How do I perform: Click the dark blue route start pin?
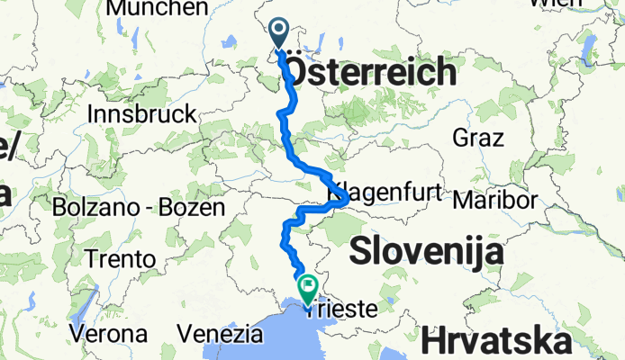coord(277,34)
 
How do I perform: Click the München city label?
coord(157,8)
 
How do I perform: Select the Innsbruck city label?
coord(143,114)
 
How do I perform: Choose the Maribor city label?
coord(496,199)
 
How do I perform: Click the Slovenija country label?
coord(425,252)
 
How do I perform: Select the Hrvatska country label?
coord(495,341)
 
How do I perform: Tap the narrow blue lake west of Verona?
coord(79,307)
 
